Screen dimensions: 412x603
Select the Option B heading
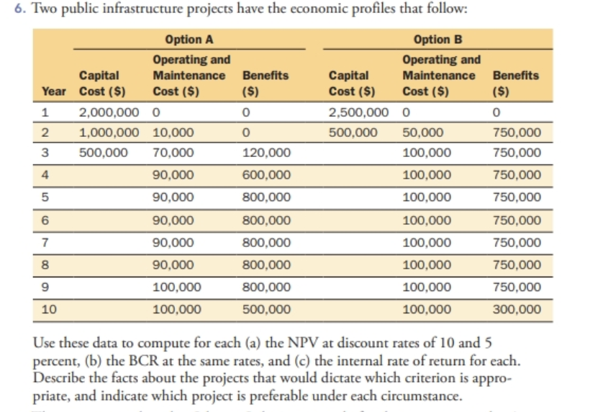point(433,40)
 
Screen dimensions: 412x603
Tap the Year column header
point(53,92)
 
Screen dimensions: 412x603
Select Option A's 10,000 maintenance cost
point(173,133)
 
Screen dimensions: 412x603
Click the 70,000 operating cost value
point(173,153)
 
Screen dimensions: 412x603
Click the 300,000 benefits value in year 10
point(517,310)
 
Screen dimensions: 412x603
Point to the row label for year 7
point(45,243)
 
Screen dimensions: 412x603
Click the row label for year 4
point(45,175)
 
